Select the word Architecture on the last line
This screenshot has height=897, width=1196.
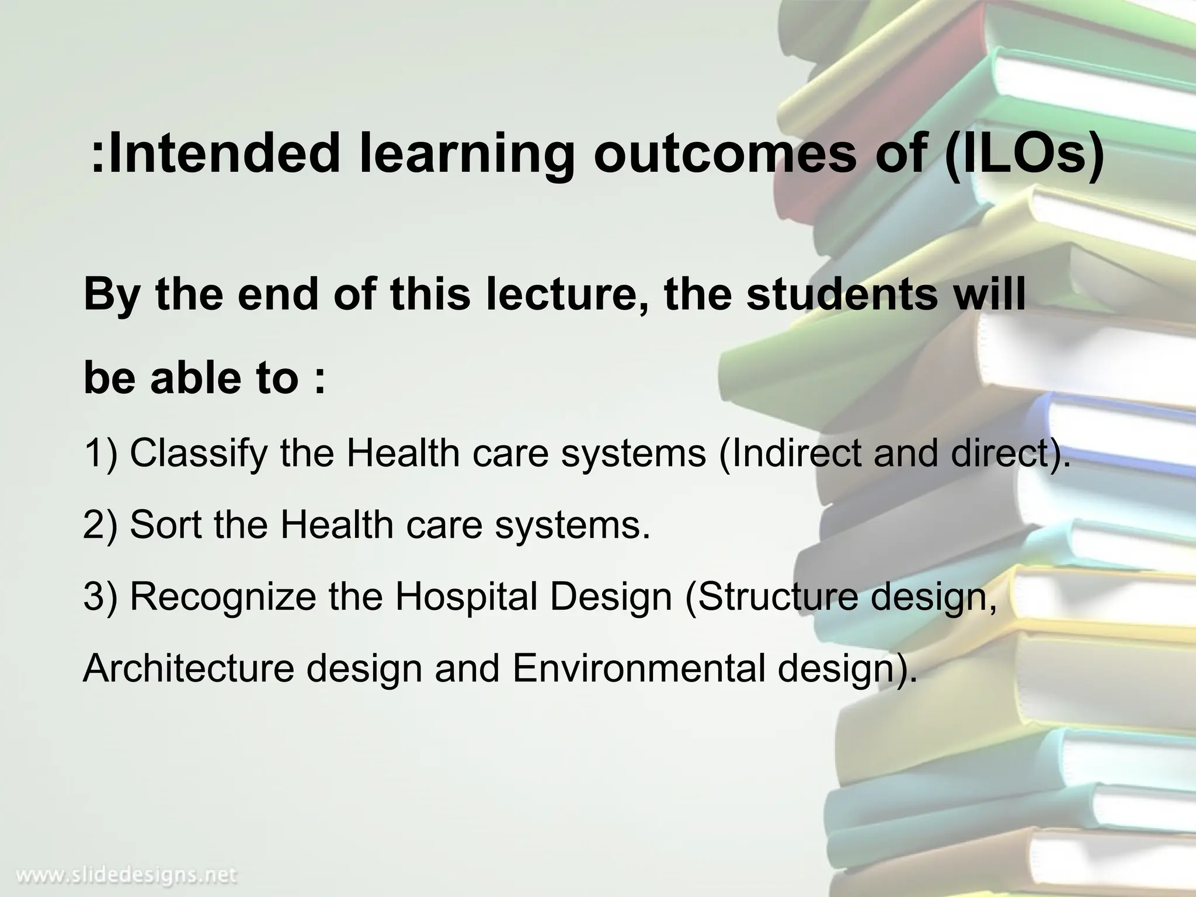pyautogui.click(x=188, y=669)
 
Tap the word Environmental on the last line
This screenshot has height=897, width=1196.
pyautogui.click(x=639, y=669)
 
